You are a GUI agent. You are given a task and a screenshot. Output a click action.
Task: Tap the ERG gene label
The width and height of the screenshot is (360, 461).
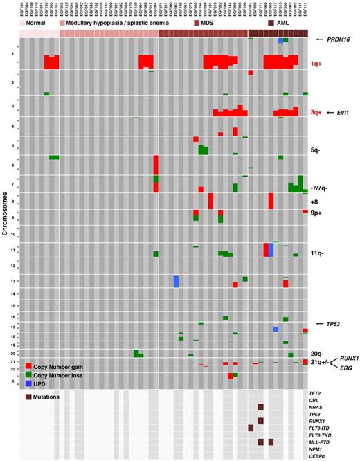pos(347,369)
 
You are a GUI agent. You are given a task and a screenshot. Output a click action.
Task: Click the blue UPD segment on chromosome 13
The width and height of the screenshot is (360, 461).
pos(177,282)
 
